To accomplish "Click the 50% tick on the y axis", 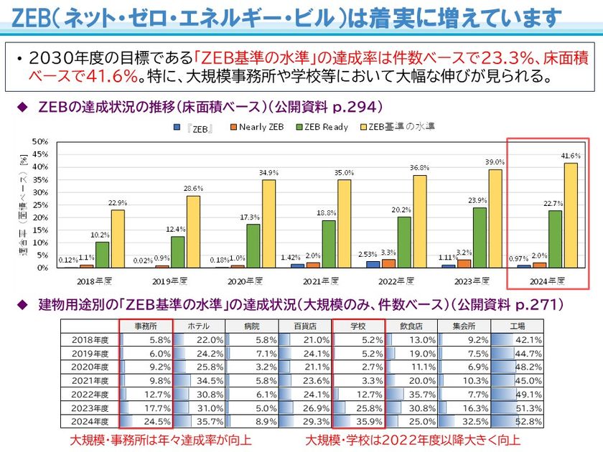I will (x=41, y=141).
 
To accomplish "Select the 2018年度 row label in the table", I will (x=90, y=339).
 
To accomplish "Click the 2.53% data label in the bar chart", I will (x=367, y=254).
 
